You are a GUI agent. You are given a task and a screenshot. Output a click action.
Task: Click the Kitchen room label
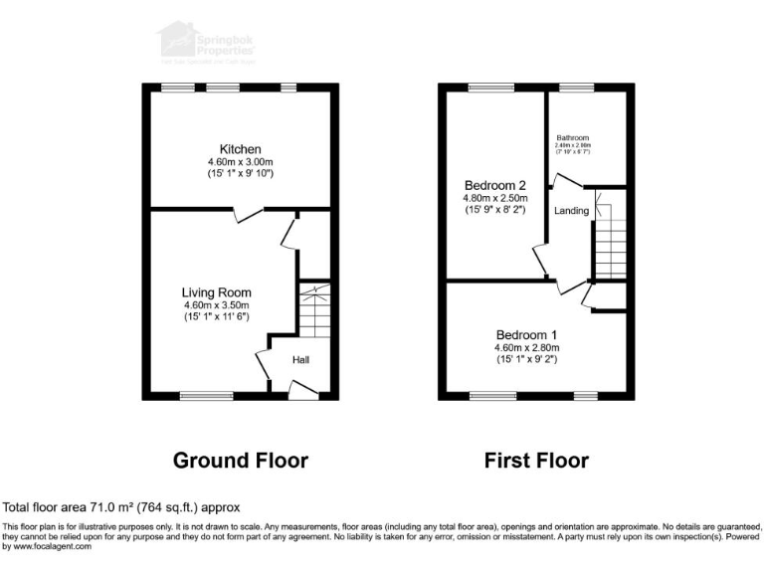[241, 149]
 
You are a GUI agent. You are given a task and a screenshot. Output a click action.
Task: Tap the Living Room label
[216, 292]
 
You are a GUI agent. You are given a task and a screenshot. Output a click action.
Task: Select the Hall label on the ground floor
[300, 360]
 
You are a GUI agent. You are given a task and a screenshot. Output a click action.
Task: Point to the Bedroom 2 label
[495, 185]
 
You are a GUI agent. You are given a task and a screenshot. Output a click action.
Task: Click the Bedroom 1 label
[526, 334]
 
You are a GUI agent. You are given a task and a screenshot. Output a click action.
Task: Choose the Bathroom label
[573, 138]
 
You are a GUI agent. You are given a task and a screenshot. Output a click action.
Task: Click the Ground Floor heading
[241, 461]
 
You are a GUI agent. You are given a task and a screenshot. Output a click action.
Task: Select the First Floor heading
[536, 461]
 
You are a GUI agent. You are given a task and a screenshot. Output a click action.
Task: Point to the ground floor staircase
[313, 311]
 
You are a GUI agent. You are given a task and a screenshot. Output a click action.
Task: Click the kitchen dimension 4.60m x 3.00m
[241, 162]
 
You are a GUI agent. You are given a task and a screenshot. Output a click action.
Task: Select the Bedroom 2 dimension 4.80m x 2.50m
[495, 198]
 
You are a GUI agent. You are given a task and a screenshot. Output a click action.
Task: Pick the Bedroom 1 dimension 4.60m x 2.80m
[526, 347]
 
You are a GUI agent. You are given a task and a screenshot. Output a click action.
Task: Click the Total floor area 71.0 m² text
[121, 507]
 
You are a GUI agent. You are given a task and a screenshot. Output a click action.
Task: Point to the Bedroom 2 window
[485, 89]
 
